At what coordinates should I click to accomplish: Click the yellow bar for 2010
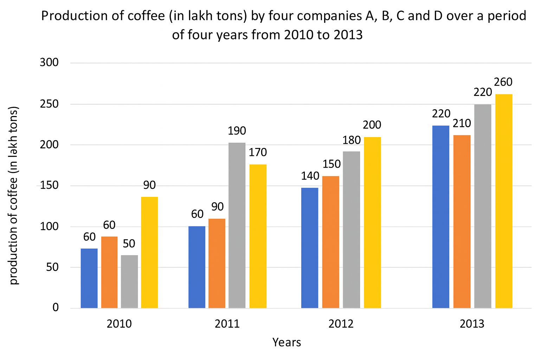pyautogui.click(x=149, y=252)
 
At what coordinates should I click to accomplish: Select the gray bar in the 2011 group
pyautogui.click(x=237, y=225)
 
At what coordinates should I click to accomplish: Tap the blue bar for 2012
pyautogui.click(x=310, y=248)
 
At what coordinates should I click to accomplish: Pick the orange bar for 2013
pyautogui.click(x=462, y=221)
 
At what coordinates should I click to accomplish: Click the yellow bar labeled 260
pyautogui.click(x=504, y=201)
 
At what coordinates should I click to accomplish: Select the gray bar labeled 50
pyautogui.click(x=129, y=282)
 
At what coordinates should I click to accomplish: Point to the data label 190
pyautogui.click(x=237, y=131)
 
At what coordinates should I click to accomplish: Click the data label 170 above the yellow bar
pyautogui.click(x=258, y=153)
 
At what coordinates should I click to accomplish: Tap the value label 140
pyautogui.click(x=310, y=176)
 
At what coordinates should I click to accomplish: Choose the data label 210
pyautogui.click(x=462, y=123)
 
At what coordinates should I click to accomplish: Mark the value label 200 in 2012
pyautogui.click(x=372, y=125)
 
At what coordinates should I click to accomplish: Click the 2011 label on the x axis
pyautogui.click(x=227, y=324)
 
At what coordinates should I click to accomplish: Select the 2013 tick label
pyautogui.click(x=472, y=324)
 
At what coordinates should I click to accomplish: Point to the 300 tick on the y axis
pyautogui.click(x=49, y=63)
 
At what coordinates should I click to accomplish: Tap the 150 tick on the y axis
pyautogui.click(x=49, y=186)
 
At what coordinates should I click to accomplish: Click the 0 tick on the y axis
pyautogui.click(x=56, y=308)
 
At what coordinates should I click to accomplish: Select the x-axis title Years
pyautogui.click(x=287, y=342)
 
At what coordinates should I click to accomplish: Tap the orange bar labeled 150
pyautogui.click(x=331, y=242)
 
